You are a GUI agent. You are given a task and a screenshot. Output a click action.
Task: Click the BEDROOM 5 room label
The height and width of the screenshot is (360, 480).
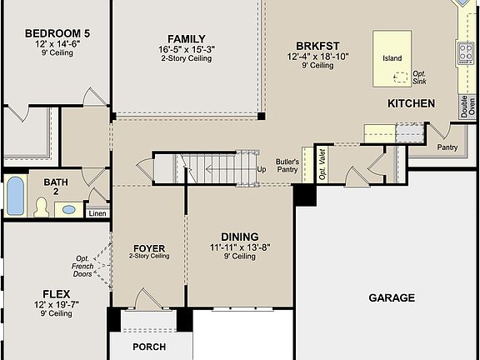click(57, 33)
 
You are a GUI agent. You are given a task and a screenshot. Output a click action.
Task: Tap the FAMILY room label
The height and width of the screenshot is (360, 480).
click(187, 38)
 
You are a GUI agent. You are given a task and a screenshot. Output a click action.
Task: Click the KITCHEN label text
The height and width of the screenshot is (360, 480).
click(411, 103)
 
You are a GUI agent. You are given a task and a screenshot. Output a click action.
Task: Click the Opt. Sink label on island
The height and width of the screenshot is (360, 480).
click(419, 77)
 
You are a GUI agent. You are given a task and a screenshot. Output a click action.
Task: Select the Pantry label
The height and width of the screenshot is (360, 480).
click(447, 147)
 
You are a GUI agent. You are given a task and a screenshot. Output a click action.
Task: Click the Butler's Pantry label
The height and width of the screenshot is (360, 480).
click(287, 165)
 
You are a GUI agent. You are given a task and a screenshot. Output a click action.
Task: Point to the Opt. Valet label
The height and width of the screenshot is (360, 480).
click(322, 160)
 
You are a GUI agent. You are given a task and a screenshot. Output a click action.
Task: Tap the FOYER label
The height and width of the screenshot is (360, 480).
click(149, 248)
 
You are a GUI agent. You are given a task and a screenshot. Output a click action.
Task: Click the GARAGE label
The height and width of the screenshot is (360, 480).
click(391, 297)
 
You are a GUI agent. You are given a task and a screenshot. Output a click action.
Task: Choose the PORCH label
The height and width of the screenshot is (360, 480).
click(149, 347)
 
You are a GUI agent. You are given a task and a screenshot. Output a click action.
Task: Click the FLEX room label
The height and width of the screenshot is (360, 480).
click(57, 293)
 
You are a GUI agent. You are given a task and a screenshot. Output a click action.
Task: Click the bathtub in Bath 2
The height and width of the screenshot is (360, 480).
click(15, 197)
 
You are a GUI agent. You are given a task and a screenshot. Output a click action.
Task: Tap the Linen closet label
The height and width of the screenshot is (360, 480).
click(97, 212)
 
